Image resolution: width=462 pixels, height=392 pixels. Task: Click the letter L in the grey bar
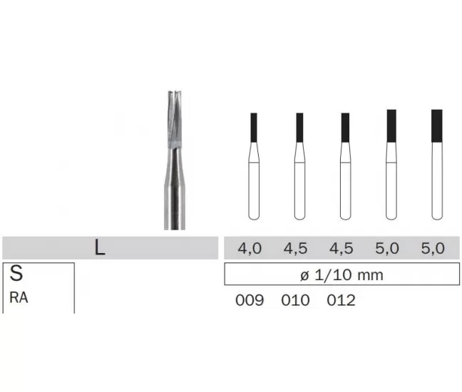(x=100, y=247)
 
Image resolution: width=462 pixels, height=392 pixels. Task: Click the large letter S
(x=16, y=273)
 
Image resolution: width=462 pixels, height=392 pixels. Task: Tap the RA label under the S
(x=19, y=297)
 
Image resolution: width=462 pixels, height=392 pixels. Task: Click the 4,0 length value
(x=250, y=248)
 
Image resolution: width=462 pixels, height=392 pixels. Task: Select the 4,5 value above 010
(x=295, y=248)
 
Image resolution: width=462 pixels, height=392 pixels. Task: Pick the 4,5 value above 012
(x=341, y=248)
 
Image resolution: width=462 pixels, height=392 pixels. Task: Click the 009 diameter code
(x=250, y=300)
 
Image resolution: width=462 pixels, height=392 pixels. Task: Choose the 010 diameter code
(x=295, y=300)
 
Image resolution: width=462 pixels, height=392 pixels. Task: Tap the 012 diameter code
(x=341, y=300)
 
